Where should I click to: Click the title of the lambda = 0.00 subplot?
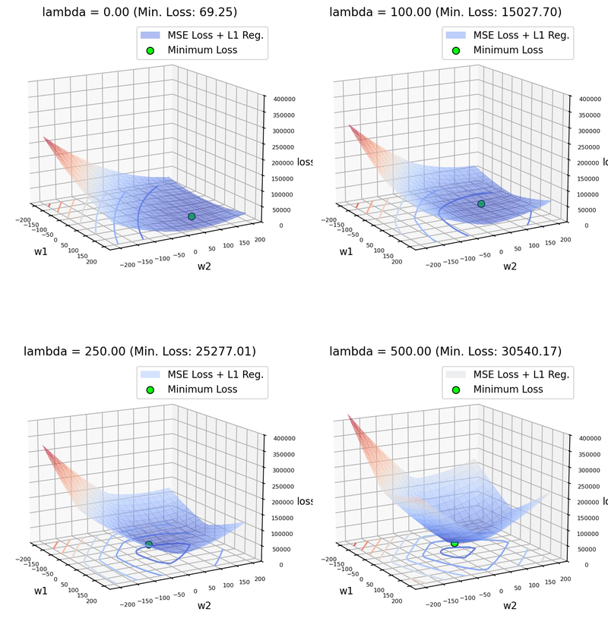click(140, 12)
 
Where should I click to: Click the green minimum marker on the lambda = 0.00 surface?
click(192, 216)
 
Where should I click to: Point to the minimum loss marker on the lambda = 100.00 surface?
click(481, 203)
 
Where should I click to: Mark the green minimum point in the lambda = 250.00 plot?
click(149, 544)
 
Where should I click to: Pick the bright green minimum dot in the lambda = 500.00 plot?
click(454, 543)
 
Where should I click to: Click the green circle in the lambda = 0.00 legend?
click(150, 50)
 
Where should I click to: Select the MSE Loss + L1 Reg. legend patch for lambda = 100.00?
click(454, 34)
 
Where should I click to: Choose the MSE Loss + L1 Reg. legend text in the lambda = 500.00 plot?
click(521, 374)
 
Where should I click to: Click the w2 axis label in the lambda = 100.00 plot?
click(510, 266)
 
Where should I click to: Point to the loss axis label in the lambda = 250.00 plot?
click(305, 501)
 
